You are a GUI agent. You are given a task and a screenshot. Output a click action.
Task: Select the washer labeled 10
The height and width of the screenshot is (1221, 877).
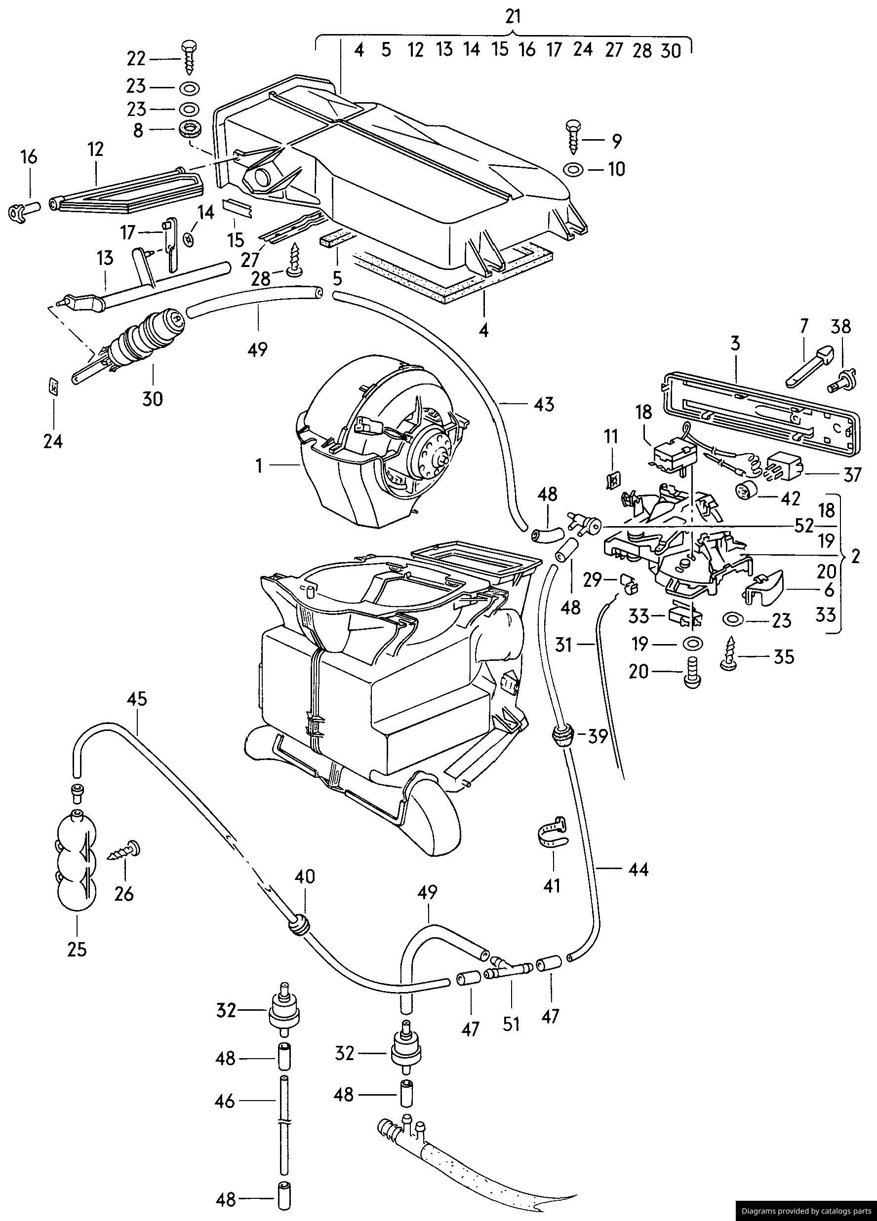[x=573, y=170]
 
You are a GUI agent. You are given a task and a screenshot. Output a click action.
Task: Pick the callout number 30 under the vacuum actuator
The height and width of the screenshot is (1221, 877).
[x=153, y=398]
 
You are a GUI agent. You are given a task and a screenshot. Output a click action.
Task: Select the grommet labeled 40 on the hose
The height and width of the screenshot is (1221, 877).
[x=299, y=925]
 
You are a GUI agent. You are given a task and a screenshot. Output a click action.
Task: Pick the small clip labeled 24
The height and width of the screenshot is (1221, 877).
[x=53, y=386]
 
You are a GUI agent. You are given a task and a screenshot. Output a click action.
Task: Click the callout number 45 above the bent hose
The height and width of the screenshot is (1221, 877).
[x=137, y=699]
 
